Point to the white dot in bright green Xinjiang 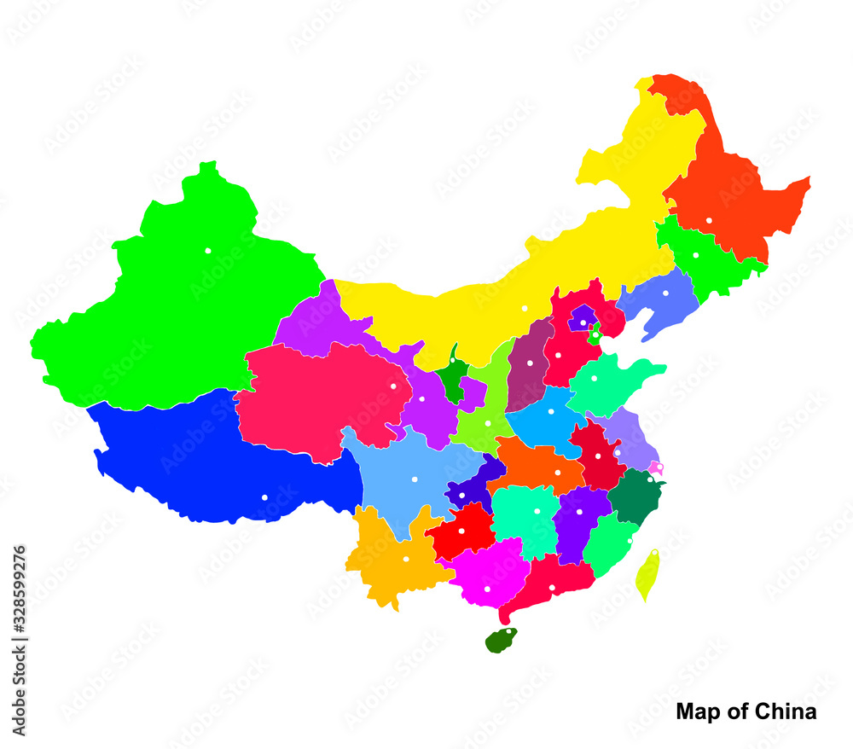(207, 251)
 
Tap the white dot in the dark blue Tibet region (264, 497)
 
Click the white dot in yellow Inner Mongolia (525, 308)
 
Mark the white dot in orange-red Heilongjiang (709, 220)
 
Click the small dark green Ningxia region (453, 375)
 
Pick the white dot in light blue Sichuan (415, 479)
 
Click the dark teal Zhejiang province (635, 495)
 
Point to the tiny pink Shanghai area (656, 467)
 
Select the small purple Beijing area (583, 318)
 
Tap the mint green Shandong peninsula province (610, 382)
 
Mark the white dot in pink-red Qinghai (393, 386)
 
